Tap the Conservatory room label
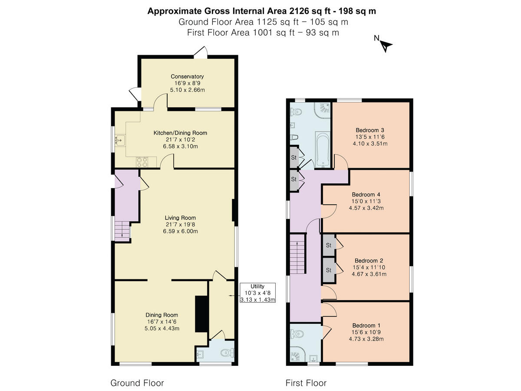(x=187, y=76)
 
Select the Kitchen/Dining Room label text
(x=180, y=133)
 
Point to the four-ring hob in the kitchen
(x=142, y=162)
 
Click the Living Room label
(x=180, y=218)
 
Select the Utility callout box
(x=257, y=293)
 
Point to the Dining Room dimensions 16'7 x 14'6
(x=162, y=321)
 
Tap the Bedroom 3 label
(x=370, y=130)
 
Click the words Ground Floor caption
(x=137, y=383)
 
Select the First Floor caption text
(x=306, y=383)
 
